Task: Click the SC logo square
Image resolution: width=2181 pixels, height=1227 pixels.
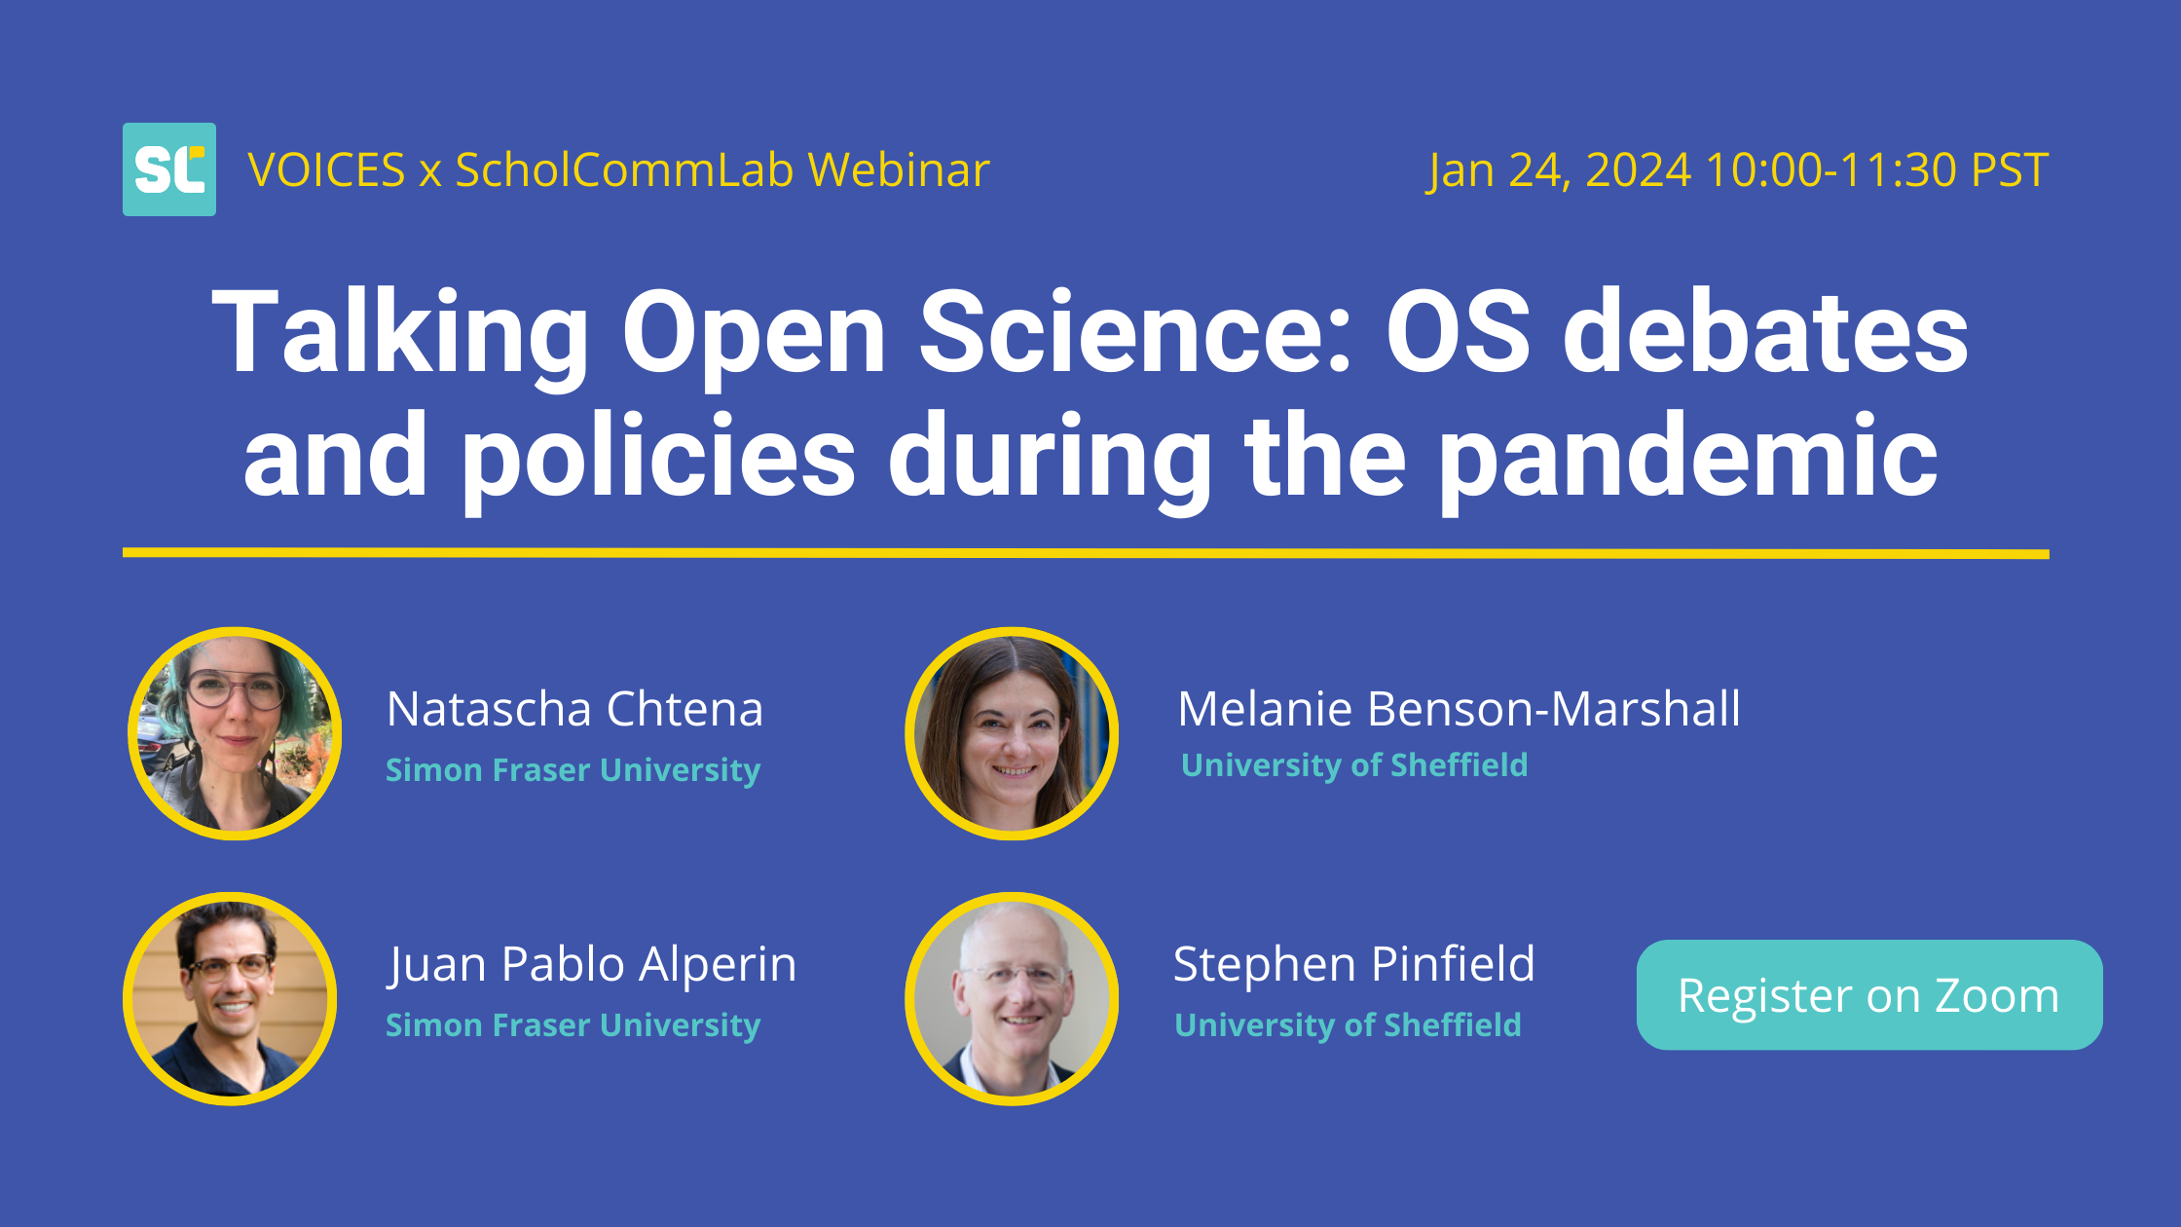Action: coord(169,169)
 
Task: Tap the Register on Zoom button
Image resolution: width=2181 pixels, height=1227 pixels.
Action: coord(1869,994)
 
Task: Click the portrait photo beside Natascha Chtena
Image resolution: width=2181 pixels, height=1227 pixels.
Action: coord(235,733)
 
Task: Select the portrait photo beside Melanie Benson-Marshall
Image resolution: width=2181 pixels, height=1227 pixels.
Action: coord(1012,733)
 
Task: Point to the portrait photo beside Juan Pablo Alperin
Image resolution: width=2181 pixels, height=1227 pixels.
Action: coord(231,998)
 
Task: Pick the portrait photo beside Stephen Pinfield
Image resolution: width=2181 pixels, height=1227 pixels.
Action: coord(1012,998)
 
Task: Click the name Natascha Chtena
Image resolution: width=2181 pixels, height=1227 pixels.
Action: coord(574,709)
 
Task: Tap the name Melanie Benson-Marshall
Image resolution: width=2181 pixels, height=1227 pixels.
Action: coord(1459,709)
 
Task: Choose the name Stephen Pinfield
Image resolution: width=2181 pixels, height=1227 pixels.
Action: coord(1354,964)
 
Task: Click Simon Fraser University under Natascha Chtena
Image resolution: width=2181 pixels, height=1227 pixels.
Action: coord(573,770)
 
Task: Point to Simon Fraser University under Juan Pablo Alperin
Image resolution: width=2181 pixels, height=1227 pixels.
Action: coord(573,1025)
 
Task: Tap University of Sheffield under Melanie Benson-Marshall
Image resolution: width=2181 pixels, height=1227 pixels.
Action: coord(1354,765)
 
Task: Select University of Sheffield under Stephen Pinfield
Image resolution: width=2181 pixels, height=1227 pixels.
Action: coord(1348,1025)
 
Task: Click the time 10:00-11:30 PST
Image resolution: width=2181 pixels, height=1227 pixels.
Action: coord(1877,170)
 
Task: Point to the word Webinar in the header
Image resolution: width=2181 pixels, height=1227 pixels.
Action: coord(899,170)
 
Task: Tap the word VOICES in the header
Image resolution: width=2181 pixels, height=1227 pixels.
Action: coord(326,170)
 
